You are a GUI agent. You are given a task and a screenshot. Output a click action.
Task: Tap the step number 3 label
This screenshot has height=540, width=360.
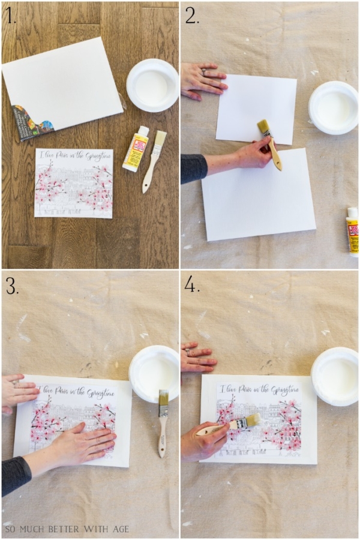tap(12, 286)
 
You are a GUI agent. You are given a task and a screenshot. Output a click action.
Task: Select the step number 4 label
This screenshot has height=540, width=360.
tap(192, 286)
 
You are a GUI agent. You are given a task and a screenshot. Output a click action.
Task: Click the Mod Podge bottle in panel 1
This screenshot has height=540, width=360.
tap(136, 148)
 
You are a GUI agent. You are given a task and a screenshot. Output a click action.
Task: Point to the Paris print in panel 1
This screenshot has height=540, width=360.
tap(73, 183)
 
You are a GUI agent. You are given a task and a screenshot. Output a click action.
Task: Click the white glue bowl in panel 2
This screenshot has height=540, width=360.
tap(333, 107)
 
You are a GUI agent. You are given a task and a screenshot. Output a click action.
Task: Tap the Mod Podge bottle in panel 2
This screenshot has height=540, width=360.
tap(352, 232)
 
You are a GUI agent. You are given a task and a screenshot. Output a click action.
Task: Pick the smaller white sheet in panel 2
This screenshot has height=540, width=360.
tap(257, 108)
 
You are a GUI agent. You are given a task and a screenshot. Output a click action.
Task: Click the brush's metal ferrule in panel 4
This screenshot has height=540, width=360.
tap(241, 424)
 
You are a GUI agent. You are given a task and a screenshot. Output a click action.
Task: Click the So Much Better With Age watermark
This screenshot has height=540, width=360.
tap(67, 529)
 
